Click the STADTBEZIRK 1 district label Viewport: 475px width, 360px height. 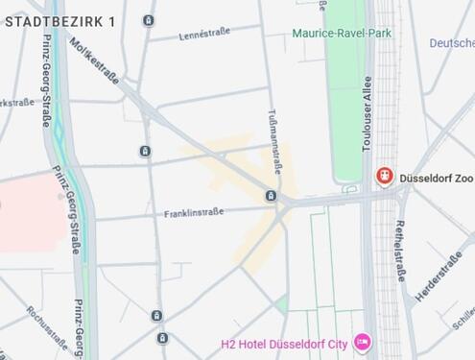coord(59,21)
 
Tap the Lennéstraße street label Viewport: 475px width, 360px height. coord(204,36)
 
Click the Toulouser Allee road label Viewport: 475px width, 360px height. coord(366,113)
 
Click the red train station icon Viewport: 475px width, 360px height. coord(385,177)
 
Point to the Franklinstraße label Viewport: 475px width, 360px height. coord(193,212)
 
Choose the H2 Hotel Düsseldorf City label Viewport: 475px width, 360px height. coord(285,342)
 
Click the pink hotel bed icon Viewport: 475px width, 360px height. coord(362,341)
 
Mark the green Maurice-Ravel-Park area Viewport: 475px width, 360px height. coord(347,106)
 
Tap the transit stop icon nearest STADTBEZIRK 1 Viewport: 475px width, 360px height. coord(148,20)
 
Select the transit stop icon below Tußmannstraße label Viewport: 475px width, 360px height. coord(271,197)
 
